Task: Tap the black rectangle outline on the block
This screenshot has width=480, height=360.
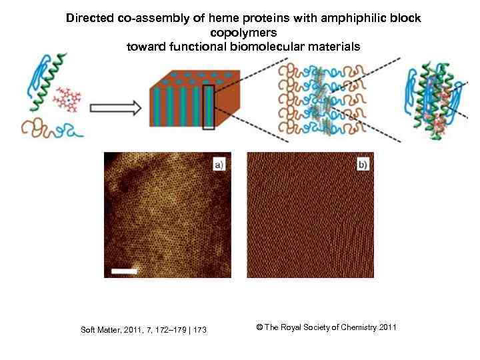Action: [x=209, y=106]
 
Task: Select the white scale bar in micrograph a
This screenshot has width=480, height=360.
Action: [x=124, y=271]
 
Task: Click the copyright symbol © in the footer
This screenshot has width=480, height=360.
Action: [x=259, y=327]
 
